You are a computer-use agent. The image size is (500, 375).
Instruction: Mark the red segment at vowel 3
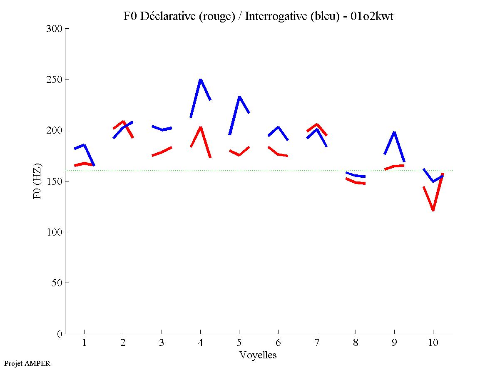pyautogui.click(x=162, y=152)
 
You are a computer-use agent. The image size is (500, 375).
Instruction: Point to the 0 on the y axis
pyautogui.click(x=60, y=334)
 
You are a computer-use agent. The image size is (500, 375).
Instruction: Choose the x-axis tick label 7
pyautogui.click(x=317, y=343)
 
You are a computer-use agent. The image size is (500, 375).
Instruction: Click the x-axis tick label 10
pyautogui.click(x=433, y=343)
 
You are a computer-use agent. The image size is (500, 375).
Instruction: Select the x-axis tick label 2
pyautogui.click(x=123, y=343)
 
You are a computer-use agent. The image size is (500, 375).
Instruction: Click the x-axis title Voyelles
pyautogui.click(x=258, y=355)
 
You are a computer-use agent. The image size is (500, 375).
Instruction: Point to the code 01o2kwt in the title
pyautogui.click(x=372, y=16)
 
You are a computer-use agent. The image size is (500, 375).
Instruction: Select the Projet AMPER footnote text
pyautogui.click(x=27, y=363)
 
